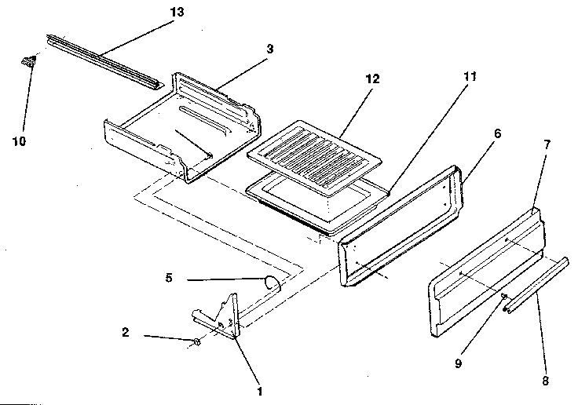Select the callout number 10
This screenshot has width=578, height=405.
click(19, 140)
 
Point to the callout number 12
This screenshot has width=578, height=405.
click(371, 79)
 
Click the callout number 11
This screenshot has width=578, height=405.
click(470, 77)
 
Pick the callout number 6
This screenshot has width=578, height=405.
click(497, 134)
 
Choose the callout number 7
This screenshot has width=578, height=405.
click(547, 144)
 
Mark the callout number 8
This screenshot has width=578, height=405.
click(546, 381)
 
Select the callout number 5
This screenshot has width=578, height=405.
click(168, 277)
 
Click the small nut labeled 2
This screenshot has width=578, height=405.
click(197, 341)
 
